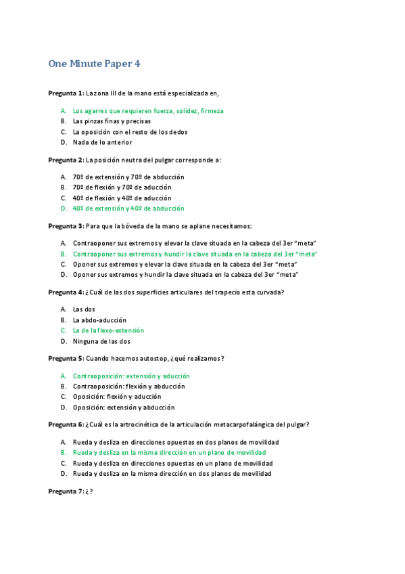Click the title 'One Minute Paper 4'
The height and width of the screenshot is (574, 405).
[x=94, y=64]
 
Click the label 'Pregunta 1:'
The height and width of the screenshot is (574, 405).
[x=66, y=93]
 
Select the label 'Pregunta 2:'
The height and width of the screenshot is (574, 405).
[x=66, y=160]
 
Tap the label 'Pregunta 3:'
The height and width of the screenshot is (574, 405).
[x=66, y=225]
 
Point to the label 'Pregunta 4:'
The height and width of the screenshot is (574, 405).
[x=66, y=292]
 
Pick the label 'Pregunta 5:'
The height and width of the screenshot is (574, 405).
[x=66, y=358]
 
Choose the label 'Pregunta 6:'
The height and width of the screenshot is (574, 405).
[x=66, y=424]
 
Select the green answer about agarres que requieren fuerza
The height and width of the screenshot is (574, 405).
[x=148, y=110]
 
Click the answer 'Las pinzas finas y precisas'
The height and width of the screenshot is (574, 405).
[x=112, y=121]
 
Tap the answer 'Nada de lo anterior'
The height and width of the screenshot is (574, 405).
[x=102, y=142]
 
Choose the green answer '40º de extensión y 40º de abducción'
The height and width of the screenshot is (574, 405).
[x=128, y=208]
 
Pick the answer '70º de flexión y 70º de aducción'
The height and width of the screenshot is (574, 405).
[x=122, y=187]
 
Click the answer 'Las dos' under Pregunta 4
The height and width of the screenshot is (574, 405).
[x=84, y=309]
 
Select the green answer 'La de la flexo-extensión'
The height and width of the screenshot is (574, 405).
[x=108, y=330]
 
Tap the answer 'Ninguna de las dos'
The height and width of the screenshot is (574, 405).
[x=101, y=341]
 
